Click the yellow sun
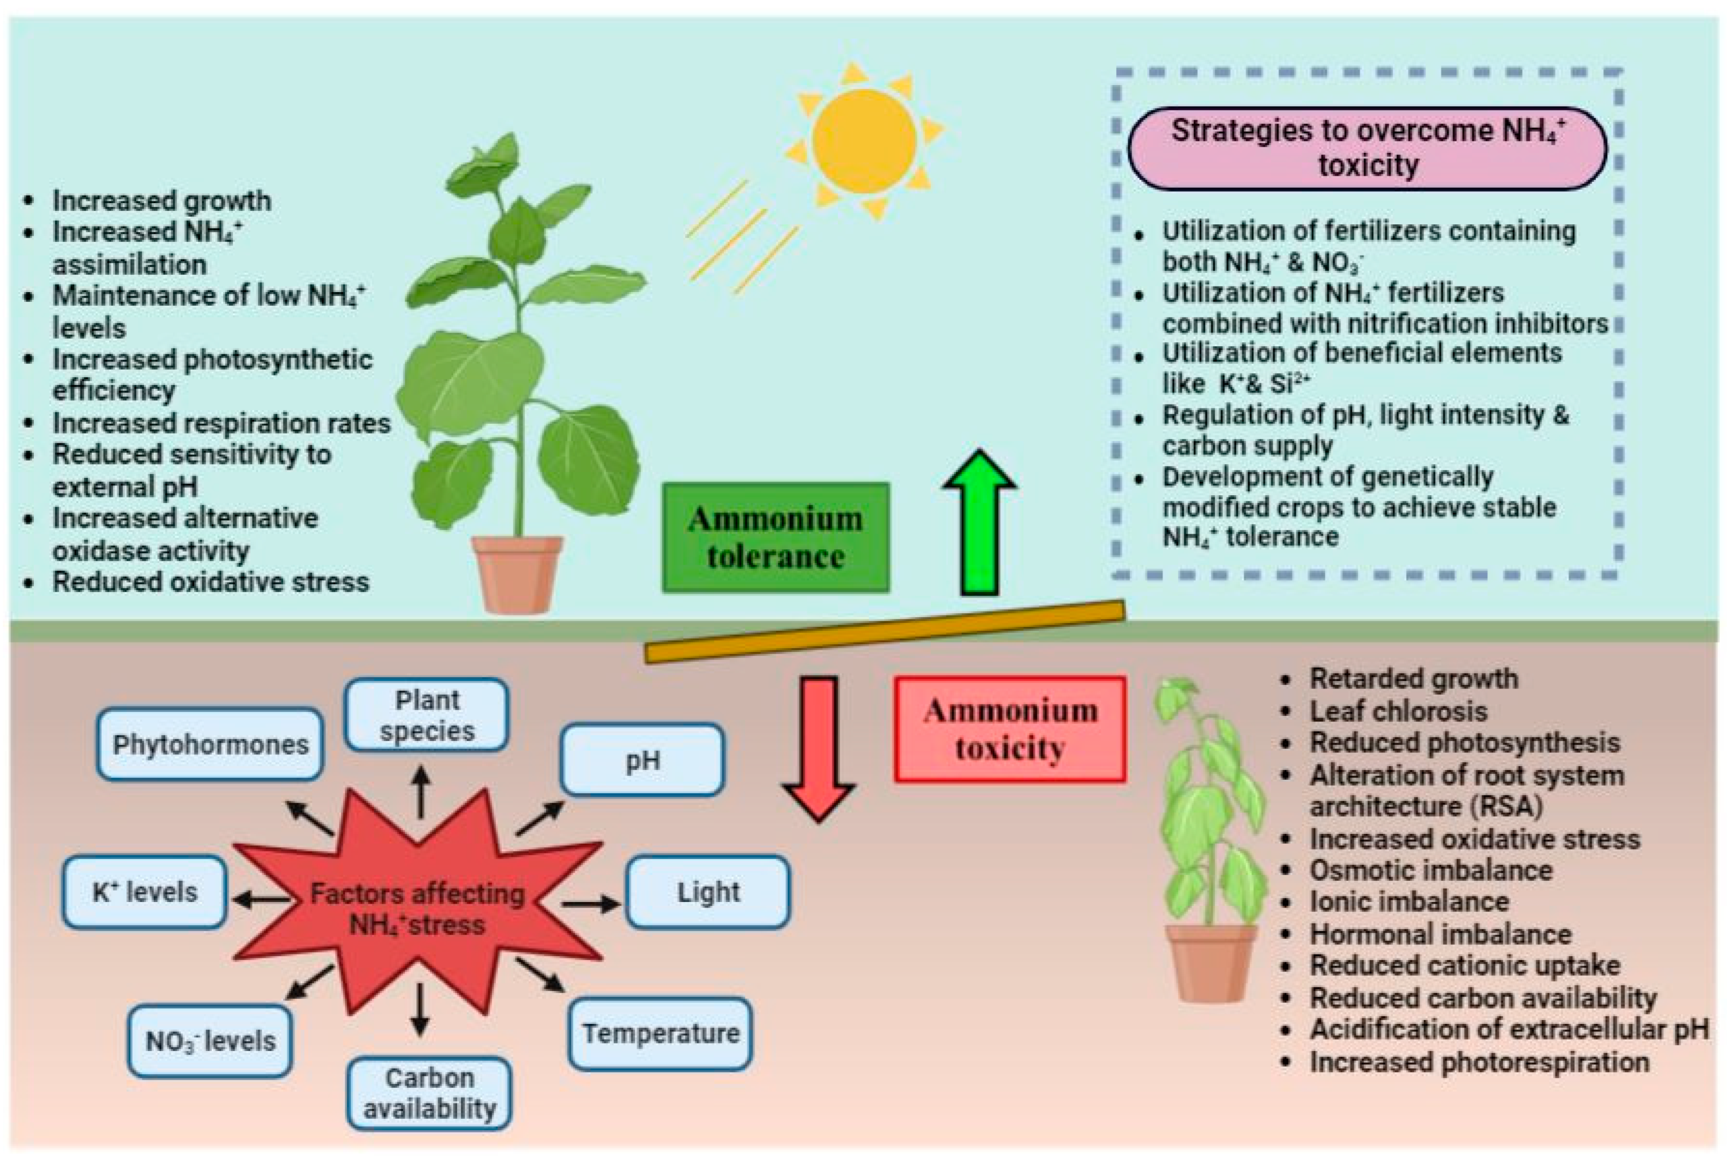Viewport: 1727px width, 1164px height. tap(864, 141)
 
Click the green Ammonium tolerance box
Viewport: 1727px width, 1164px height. tap(776, 538)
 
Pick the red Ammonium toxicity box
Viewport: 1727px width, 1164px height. tap(1010, 729)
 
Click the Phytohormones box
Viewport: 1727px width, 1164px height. tap(210, 744)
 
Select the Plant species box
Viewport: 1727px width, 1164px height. tap(427, 715)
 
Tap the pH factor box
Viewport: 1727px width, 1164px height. tap(642, 760)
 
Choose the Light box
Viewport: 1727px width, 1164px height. tap(707, 892)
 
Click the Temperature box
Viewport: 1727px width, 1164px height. tap(660, 1033)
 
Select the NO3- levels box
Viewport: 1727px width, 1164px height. tap(210, 1041)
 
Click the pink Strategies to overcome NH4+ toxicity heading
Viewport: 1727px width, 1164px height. tap(1367, 148)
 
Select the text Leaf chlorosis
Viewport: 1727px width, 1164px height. tap(1398, 711)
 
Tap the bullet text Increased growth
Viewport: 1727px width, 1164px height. tap(161, 200)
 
